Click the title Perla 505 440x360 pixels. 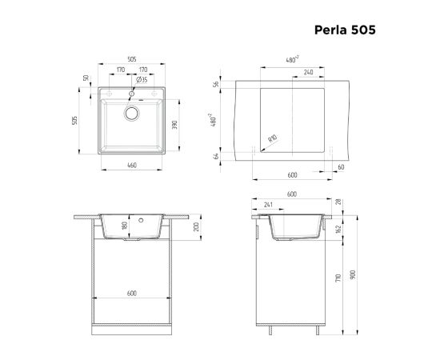pyautogui.click(x=345, y=30)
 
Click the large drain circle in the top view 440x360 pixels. pyautogui.click(x=132, y=114)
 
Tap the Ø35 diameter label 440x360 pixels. pyautogui.click(x=142, y=80)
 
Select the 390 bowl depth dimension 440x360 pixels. pyautogui.click(x=174, y=125)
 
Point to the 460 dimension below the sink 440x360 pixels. pyautogui.click(x=132, y=166)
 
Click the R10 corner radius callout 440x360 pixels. pyautogui.click(x=273, y=138)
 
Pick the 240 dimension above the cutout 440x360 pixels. pyautogui.click(x=308, y=72)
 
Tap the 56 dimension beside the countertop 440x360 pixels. pyautogui.click(x=216, y=84)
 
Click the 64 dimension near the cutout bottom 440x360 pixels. pyautogui.click(x=216, y=156)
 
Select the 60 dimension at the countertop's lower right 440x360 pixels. pyautogui.click(x=341, y=167)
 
